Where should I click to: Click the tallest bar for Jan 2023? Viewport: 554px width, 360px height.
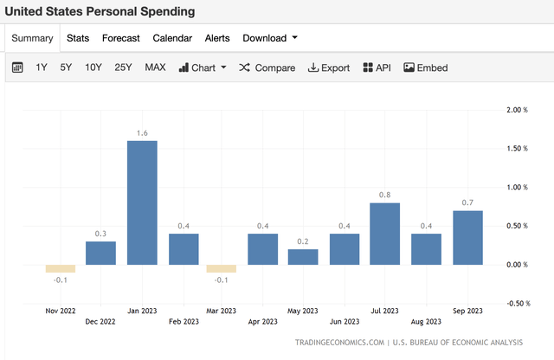coord(142,202)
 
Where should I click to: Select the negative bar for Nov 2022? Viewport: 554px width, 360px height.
coord(61,268)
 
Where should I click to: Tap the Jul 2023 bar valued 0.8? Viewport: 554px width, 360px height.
coord(384,234)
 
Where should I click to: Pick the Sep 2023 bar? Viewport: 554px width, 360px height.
coord(467,237)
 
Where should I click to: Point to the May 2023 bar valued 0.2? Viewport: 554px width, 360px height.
coord(303,257)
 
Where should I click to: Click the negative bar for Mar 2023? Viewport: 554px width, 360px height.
coord(222,268)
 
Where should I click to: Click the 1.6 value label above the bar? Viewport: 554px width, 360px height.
coord(142,132)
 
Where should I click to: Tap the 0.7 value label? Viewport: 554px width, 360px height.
coord(467,202)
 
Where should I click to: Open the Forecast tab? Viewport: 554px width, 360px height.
coord(120,38)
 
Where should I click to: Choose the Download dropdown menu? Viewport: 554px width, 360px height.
coord(270,38)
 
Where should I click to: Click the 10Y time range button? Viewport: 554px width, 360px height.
coord(93,67)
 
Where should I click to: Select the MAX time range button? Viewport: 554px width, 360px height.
coord(155,67)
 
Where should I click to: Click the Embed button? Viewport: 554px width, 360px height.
coord(425,67)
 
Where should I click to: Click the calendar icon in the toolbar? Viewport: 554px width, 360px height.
coord(17,67)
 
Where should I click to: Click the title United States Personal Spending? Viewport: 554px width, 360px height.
coord(100,11)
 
